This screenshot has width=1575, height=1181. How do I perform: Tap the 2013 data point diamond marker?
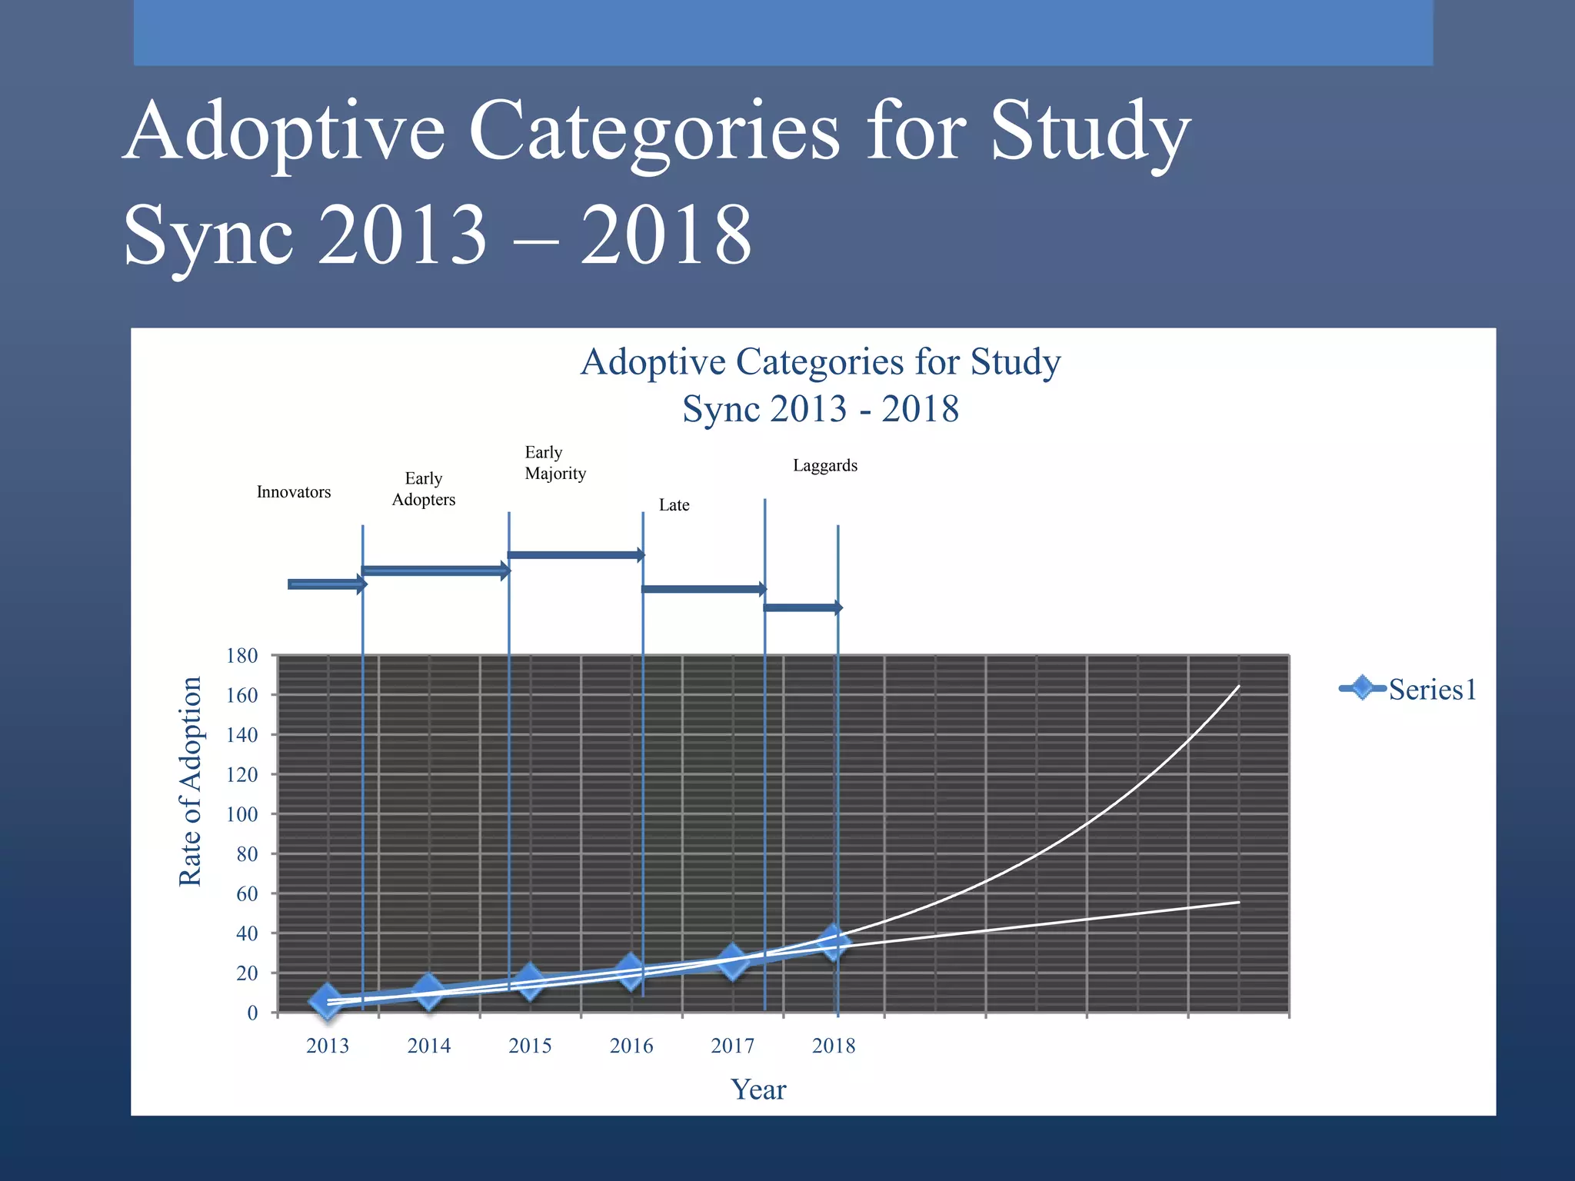pyautogui.click(x=328, y=1000)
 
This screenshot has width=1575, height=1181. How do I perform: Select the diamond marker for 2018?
pyautogui.click(x=833, y=941)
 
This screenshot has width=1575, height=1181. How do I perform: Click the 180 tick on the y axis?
pyautogui.click(x=241, y=656)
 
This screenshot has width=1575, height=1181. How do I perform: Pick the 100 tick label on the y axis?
pyautogui.click(x=241, y=814)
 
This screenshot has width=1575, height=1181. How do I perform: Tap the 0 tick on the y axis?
pyautogui.click(x=252, y=1013)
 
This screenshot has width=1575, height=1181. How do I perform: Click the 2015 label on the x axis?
pyautogui.click(x=530, y=1046)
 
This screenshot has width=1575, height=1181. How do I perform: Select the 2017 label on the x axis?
pyautogui.click(x=732, y=1046)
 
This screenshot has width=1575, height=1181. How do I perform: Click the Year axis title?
pyautogui.click(x=758, y=1090)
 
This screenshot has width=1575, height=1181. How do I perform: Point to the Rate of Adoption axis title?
pyautogui.click(x=190, y=781)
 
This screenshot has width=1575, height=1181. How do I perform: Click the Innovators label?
pyautogui.click(x=294, y=492)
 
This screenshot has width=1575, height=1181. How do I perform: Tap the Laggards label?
pyautogui.click(x=825, y=465)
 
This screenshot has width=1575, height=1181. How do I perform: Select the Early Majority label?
pyautogui.click(x=554, y=463)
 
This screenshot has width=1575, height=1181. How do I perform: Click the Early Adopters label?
pyautogui.click(x=424, y=489)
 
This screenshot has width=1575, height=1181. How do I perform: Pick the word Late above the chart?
pyautogui.click(x=674, y=505)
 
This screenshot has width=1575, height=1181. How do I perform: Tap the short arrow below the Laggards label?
pyautogui.click(x=802, y=607)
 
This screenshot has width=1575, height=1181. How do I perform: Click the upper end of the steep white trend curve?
pyautogui.click(x=1237, y=687)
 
